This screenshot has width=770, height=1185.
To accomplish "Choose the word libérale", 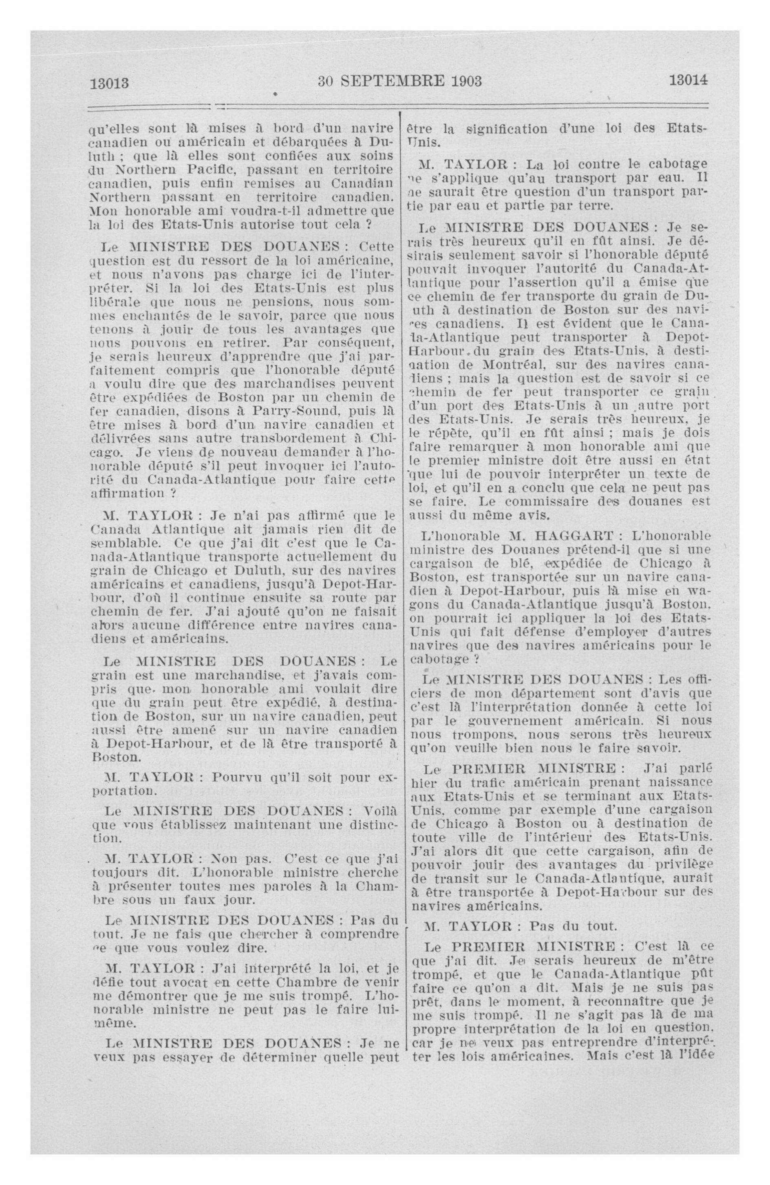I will tap(114, 302).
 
